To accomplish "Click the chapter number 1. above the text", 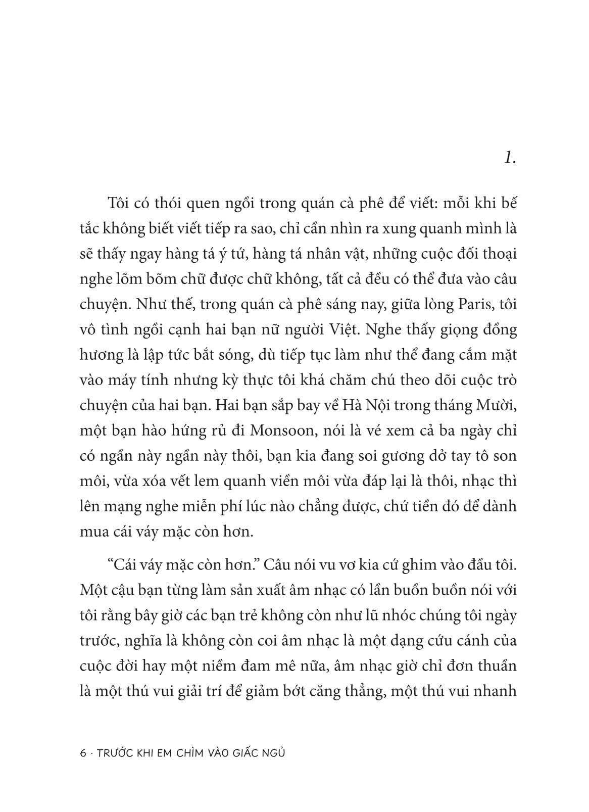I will coord(509,159).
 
